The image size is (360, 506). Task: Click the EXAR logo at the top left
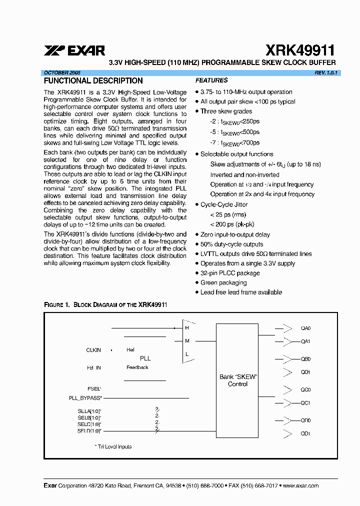(74, 50)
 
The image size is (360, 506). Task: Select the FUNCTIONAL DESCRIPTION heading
(93, 80)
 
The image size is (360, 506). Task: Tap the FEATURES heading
(211, 80)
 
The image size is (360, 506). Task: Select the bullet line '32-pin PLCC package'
(229, 273)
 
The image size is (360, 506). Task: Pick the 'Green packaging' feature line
(223, 282)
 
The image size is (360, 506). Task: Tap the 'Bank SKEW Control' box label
(237, 380)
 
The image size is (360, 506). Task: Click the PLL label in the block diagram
(145, 358)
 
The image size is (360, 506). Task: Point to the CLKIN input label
(93, 350)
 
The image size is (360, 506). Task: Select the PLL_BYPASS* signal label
(85, 398)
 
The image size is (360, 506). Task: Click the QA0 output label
(305, 328)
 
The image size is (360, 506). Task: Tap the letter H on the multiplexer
(187, 328)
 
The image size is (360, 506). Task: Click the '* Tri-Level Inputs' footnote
(113, 446)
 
